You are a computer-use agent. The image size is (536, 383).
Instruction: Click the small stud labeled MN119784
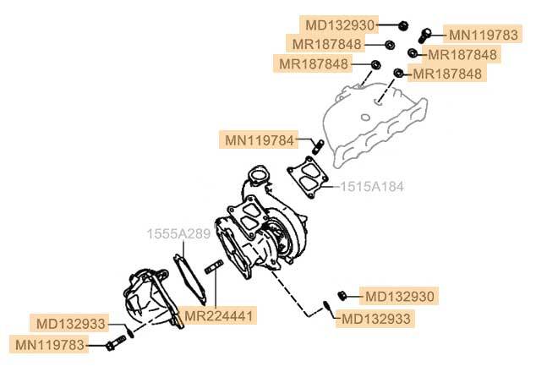coord(318,146)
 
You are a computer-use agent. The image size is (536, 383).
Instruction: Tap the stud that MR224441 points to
coord(213,270)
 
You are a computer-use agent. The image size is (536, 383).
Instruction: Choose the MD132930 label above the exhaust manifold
coord(339,25)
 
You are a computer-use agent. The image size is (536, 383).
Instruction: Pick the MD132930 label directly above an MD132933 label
coord(400,297)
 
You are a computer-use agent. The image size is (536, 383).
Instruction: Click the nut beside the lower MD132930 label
coord(343,294)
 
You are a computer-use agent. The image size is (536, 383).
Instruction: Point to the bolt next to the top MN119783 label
coord(427,33)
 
